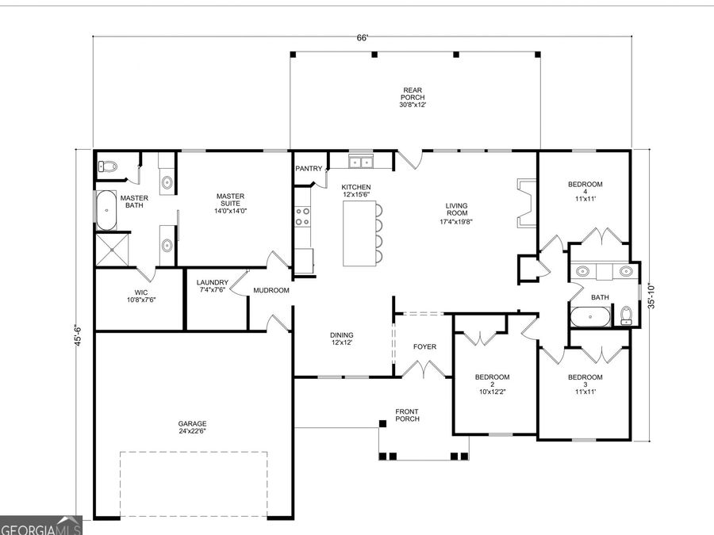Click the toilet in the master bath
[x=107, y=166]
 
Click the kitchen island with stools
[x=357, y=233]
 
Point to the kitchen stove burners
[x=302, y=216]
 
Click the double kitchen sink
[x=362, y=162]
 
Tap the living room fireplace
[x=522, y=203]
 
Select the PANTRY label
[x=309, y=169]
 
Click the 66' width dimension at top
[x=362, y=37]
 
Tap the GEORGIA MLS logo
[x=40, y=528]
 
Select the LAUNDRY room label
[x=213, y=282]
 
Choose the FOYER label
[x=424, y=347]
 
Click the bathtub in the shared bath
[x=589, y=318]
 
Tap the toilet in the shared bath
[x=627, y=315]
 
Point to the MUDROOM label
[x=271, y=291]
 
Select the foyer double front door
[x=424, y=369]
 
